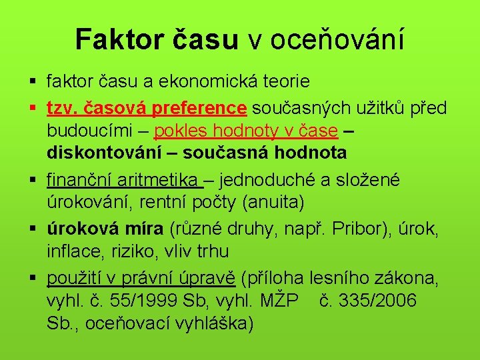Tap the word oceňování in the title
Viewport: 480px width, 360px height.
pos(337,39)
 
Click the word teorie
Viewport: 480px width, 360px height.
pos(286,82)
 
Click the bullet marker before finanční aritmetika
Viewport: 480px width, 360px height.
pos(33,179)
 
